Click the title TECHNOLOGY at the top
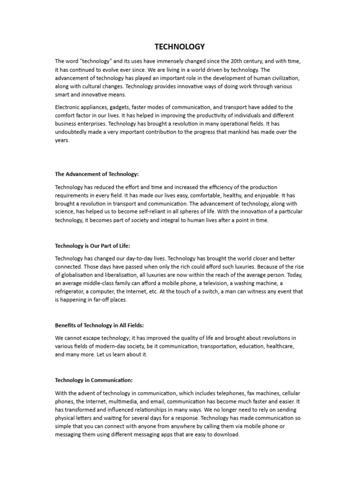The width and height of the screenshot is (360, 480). click(180, 46)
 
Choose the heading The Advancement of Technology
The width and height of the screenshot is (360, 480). click(97, 174)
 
